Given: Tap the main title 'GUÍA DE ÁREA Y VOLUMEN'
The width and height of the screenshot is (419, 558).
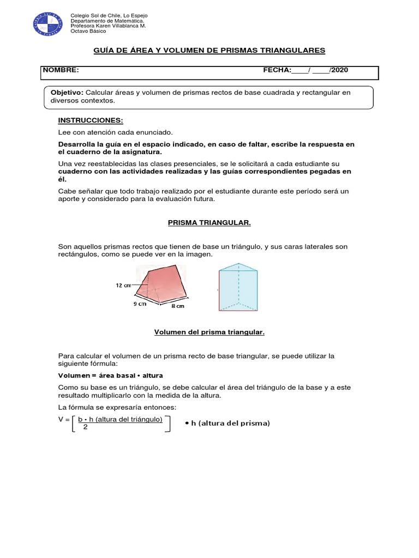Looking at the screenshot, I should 209,50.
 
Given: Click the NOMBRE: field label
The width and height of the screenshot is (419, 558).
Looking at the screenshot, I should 61,70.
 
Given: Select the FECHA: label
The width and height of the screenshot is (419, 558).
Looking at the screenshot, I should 277,70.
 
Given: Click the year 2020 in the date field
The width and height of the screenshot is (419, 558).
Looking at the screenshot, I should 339,70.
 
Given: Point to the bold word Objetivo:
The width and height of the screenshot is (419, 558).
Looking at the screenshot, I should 67,93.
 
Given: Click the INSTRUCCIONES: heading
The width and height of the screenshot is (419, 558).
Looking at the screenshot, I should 91,120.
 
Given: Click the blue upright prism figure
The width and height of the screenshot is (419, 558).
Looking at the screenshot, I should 238,287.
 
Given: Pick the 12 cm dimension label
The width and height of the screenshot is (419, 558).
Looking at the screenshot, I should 123,285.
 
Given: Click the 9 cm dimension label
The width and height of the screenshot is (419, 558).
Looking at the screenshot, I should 140,305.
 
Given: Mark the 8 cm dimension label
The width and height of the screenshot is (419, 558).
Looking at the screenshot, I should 178,306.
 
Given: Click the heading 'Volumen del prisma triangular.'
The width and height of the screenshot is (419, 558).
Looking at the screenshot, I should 209,331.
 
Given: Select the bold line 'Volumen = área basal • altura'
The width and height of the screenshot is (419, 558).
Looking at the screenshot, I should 110,376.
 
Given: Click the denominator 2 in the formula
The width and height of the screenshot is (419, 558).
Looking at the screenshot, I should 85,427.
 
